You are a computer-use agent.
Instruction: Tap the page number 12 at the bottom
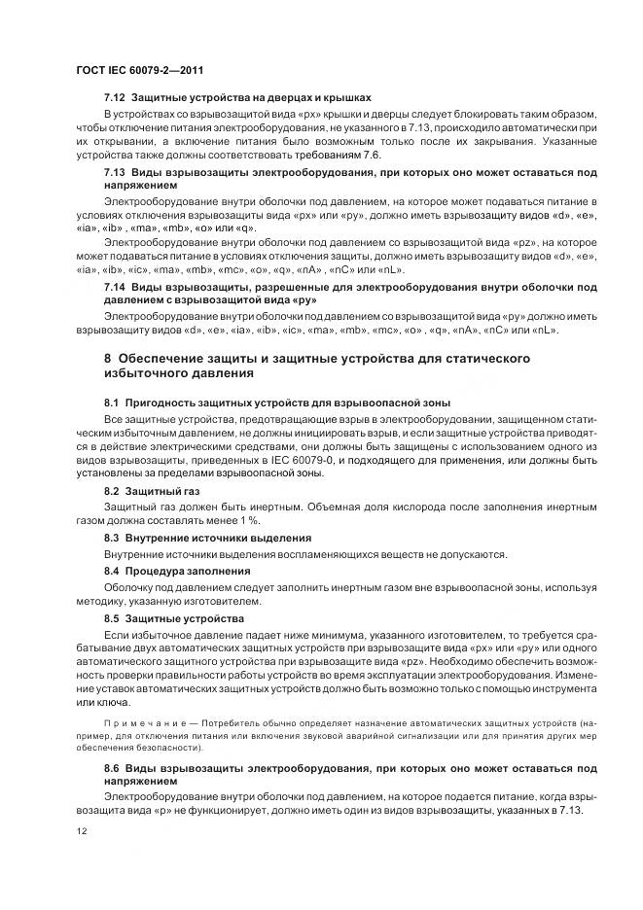[81, 830]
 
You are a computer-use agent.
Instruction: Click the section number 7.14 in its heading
[115, 287]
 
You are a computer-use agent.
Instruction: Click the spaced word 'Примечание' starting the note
[144, 725]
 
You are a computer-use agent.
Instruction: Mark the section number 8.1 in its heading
[114, 402]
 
